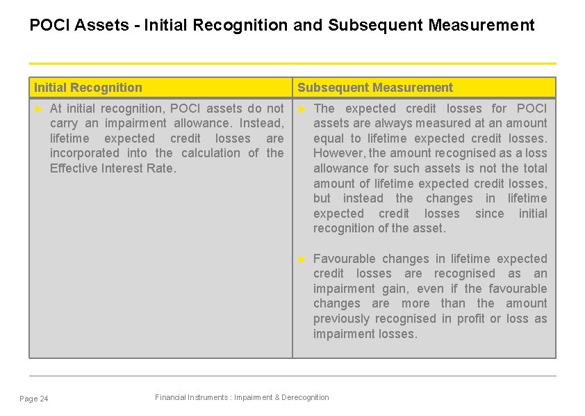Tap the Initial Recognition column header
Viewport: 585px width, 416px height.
88,88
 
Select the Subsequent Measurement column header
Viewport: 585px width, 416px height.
375,88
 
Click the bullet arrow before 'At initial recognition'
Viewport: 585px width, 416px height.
39,109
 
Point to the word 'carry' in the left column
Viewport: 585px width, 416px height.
65,123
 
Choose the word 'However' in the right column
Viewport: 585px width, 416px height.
339,153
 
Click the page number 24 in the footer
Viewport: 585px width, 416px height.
44,399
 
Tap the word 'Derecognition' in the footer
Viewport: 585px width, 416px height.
304,397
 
